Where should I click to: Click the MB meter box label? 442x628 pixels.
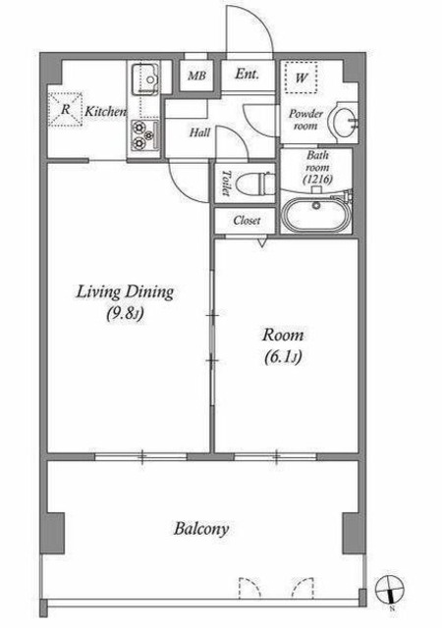point(196,76)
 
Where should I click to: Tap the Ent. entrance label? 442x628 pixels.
point(248,74)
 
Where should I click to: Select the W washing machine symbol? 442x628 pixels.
point(301,78)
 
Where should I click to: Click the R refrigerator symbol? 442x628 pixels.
point(66,109)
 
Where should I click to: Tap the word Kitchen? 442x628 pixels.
point(105,111)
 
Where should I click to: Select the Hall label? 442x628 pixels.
point(199,132)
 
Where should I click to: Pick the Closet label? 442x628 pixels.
point(247,220)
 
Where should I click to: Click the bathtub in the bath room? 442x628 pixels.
point(316,215)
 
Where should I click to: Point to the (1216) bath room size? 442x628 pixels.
point(317,179)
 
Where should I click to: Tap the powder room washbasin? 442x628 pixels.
point(342,122)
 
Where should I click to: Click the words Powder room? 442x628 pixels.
point(305,120)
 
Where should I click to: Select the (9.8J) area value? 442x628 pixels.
point(125,314)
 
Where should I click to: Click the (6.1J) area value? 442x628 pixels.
point(283,357)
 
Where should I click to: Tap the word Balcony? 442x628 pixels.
point(201,529)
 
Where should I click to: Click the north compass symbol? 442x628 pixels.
point(390,590)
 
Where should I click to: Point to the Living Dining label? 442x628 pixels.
point(125,292)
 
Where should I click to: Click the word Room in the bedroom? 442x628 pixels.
point(283,335)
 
